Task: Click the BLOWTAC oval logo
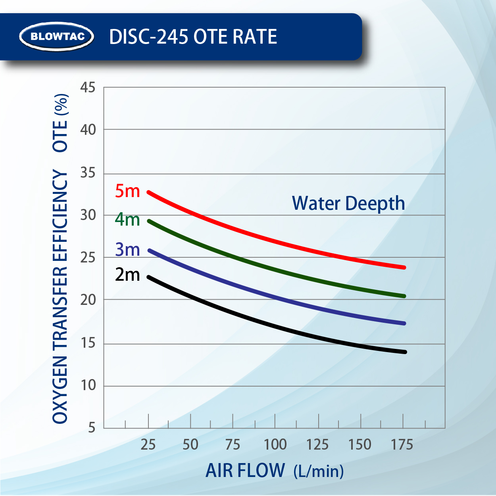57,36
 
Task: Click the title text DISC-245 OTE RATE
193,37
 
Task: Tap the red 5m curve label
127,191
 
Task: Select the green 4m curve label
127,219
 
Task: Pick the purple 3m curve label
127,250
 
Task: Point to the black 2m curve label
127,274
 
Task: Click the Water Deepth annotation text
348,203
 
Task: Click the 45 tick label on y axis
88,87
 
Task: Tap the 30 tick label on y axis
88,215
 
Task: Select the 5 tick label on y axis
92,427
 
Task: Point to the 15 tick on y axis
88,343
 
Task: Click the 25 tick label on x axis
148,444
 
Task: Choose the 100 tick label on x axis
275,444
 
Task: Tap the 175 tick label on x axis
402,444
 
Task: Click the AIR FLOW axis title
245,471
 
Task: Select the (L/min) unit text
319,471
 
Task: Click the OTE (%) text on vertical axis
60,123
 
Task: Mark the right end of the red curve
404,267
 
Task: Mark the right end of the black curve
405,352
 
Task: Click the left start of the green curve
149,221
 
